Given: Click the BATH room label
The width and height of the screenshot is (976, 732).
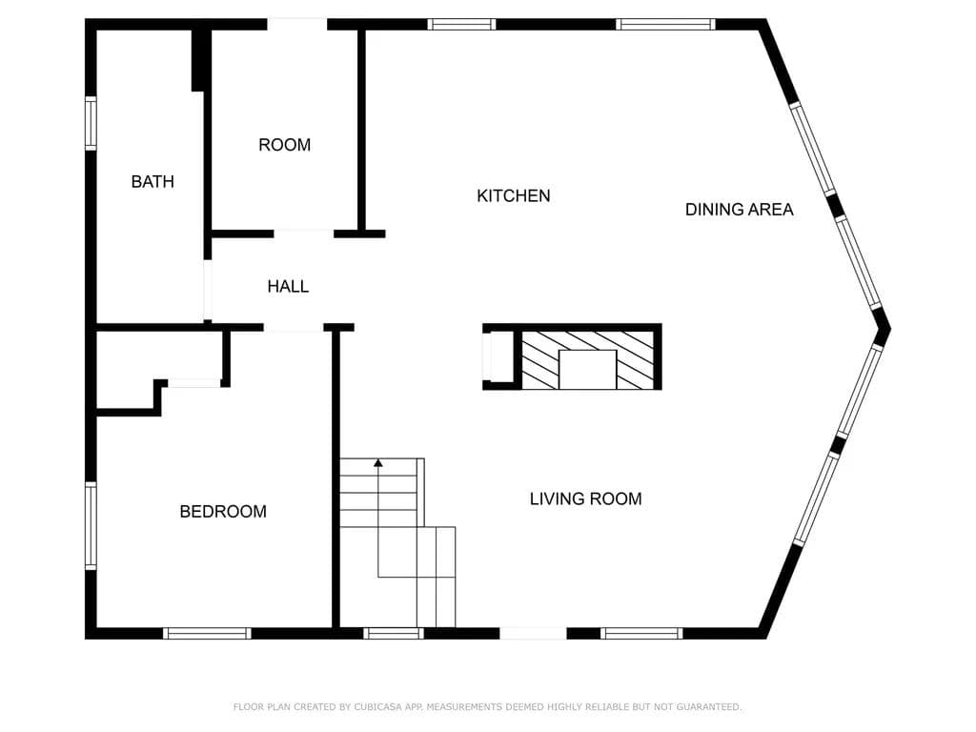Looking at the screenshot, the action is point(152,182).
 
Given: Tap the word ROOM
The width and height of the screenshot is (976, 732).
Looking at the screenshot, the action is point(284,145).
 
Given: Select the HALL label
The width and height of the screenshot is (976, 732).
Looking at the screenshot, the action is point(288,286).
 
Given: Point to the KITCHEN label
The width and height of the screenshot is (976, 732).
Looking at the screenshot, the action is point(514,196).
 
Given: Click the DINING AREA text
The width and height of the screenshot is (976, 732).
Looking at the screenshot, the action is point(740,210).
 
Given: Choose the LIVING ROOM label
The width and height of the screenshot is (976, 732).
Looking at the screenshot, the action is point(586,498).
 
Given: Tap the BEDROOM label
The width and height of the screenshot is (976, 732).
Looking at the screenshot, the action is point(223,512).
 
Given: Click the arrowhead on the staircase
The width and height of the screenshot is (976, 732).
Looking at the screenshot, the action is point(378,462).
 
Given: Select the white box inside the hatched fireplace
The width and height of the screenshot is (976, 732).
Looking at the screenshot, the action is point(587,370).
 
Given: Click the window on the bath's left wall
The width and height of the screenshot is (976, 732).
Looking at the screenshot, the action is point(91,123).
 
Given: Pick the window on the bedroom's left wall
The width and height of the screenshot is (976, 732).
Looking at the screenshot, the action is point(91,525).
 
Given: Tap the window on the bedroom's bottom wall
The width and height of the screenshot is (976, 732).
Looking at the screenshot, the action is point(207,633).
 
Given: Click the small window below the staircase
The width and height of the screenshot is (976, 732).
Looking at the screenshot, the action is point(394,633).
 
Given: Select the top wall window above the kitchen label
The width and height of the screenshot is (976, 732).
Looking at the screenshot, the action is point(462,24).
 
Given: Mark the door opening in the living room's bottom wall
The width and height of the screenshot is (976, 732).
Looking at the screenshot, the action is point(534,633).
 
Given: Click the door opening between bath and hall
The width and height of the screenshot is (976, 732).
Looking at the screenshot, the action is point(208,290).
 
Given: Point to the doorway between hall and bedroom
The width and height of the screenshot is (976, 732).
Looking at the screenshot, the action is point(294,328).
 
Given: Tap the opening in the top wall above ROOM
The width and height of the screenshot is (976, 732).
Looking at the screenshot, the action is point(297,24).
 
